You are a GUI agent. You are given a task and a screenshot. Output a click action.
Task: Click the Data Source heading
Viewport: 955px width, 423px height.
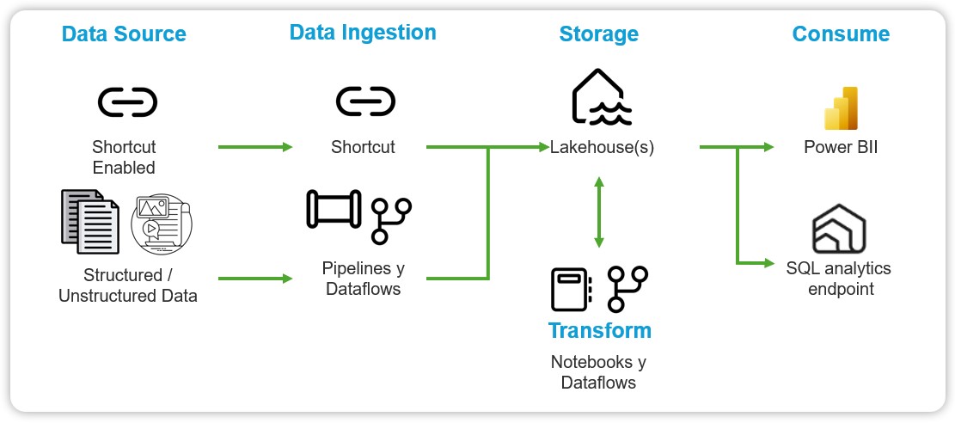click(x=124, y=34)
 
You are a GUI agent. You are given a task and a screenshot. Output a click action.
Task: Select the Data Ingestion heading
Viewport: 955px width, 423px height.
click(x=363, y=33)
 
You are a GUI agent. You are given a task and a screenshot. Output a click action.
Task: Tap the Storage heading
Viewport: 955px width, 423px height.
click(x=598, y=34)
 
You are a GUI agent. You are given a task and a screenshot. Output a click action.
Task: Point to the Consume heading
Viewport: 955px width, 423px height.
click(x=841, y=34)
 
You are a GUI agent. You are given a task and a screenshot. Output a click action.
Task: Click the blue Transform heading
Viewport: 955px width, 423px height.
click(x=599, y=330)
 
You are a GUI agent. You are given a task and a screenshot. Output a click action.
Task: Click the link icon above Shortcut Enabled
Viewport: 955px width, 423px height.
click(x=127, y=103)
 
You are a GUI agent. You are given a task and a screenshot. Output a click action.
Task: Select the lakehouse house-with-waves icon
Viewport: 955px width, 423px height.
click(x=601, y=96)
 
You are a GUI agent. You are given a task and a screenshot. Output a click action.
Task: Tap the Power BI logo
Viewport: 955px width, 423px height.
click(x=842, y=108)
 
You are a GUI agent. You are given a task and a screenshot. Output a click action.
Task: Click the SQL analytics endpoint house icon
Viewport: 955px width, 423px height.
click(x=839, y=229)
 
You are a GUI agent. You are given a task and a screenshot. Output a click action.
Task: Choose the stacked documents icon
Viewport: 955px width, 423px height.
click(x=89, y=221)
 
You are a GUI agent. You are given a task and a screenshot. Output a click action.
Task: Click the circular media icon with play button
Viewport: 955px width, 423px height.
click(x=161, y=224)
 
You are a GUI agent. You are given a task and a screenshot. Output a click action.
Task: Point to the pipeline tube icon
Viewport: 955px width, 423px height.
click(x=334, y=210)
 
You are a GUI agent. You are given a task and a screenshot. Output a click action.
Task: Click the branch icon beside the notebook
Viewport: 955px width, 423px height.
click(x=627, y=288)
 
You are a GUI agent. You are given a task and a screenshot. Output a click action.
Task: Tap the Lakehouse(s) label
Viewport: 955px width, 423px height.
click(x=602, y=147)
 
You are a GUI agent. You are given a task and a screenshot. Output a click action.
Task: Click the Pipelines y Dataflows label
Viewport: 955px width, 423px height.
click(x=363, y=279)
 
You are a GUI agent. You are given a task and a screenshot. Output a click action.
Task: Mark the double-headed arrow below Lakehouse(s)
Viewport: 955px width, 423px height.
click(x=599, y=211)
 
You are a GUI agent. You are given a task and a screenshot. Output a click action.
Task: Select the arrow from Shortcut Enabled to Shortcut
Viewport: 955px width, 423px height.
click(x=255, y=147)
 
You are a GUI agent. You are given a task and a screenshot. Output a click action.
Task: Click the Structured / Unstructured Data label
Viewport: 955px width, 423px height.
click(x=127, y=285)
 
